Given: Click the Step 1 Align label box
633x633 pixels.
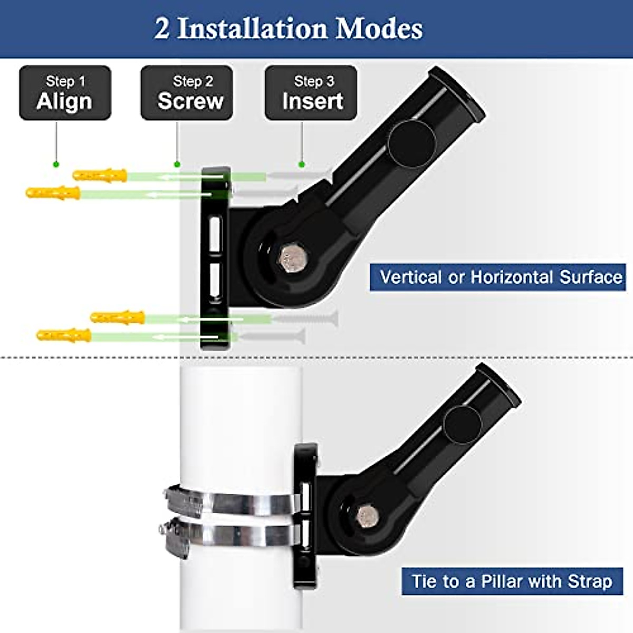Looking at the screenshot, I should pos(65,93).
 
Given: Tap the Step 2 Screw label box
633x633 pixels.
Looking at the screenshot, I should pos(187,93).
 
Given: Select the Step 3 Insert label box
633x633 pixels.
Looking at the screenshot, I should pos(311,93).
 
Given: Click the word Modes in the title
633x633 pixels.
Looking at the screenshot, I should pos(379,28).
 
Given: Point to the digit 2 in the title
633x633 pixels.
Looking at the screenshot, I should pos(162,28).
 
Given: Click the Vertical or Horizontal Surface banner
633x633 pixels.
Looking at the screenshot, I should pos(497,277).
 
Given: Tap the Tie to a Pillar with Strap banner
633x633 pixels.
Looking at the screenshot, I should pos(512,581).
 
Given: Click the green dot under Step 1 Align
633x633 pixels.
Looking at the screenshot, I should pos(56,165).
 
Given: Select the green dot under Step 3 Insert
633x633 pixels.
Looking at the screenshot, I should pos(302,165).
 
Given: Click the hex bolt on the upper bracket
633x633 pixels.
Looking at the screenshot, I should pos(293,258).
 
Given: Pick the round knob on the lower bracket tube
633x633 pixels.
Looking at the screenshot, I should pos(463,425).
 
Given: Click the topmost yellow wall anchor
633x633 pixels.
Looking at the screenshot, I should pos(100,175).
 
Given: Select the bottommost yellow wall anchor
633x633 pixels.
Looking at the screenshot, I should pos(64,335).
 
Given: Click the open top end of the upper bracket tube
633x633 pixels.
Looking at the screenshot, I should pos(458,94).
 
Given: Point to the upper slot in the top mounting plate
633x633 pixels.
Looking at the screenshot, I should pos(215,234).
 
